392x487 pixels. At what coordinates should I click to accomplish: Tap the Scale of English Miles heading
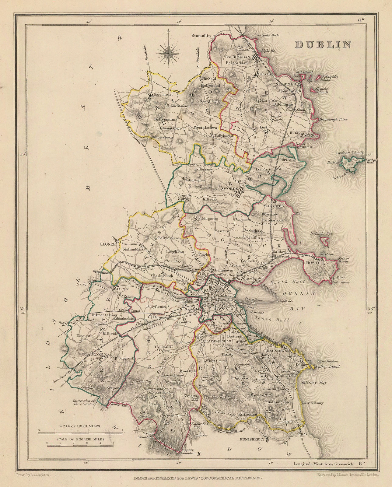click(x=80, y=439)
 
